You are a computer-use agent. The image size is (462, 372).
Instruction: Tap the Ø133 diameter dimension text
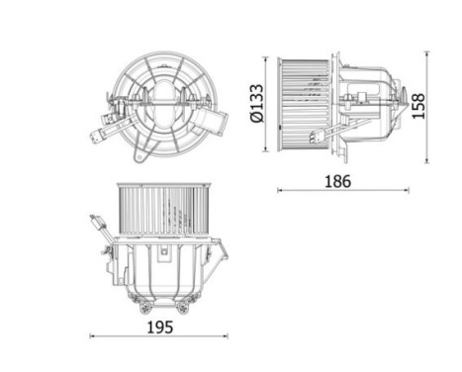click(254, 102)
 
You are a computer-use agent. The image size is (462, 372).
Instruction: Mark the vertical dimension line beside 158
click(427, 105)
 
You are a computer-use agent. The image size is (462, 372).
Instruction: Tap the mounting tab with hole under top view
click(142, 154)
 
